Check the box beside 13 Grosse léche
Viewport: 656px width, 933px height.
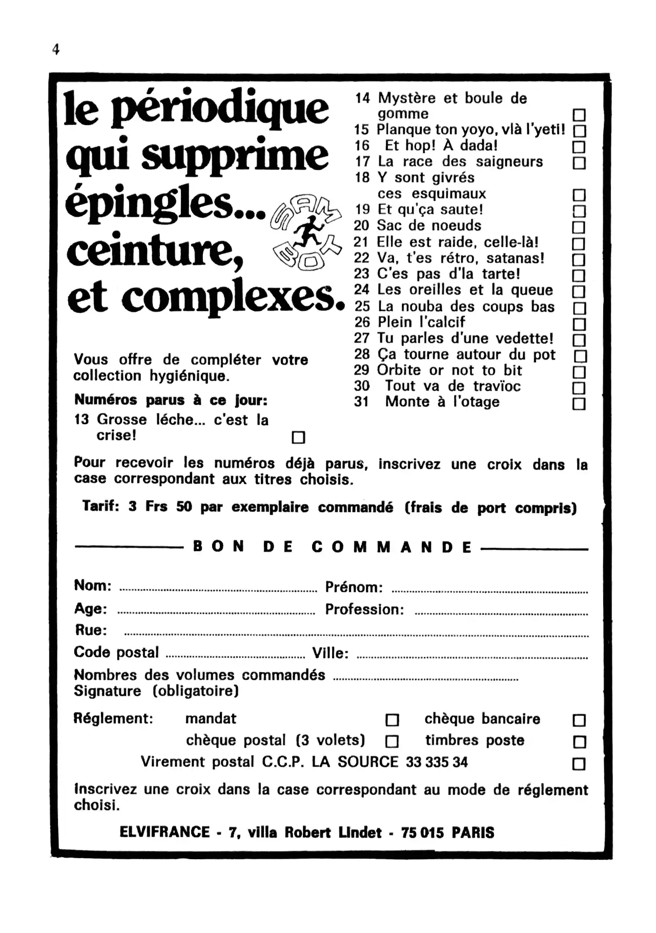click(298, 437)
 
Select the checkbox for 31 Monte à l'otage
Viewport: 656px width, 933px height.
click(579, 404)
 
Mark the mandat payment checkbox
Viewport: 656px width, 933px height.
click(392, 720)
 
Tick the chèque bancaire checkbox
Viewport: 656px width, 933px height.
click(579, 720)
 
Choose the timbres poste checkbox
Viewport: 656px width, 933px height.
click(579, 741)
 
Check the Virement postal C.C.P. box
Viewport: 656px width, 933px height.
click(579, 764)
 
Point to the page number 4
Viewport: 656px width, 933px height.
click(56, 50)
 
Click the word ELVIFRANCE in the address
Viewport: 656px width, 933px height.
click(165, 832)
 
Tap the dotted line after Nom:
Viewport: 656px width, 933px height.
click(218, 591)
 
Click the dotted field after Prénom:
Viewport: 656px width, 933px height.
click(489, 592)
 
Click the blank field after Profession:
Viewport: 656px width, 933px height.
click(501, 613)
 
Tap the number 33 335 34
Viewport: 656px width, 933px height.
click(437, 762)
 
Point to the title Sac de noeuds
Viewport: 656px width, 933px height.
click(429, 225)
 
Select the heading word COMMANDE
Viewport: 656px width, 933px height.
click(392, 547)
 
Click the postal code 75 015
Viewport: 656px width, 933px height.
click(422, 833)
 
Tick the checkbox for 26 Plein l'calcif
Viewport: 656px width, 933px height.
click(579, 324)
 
